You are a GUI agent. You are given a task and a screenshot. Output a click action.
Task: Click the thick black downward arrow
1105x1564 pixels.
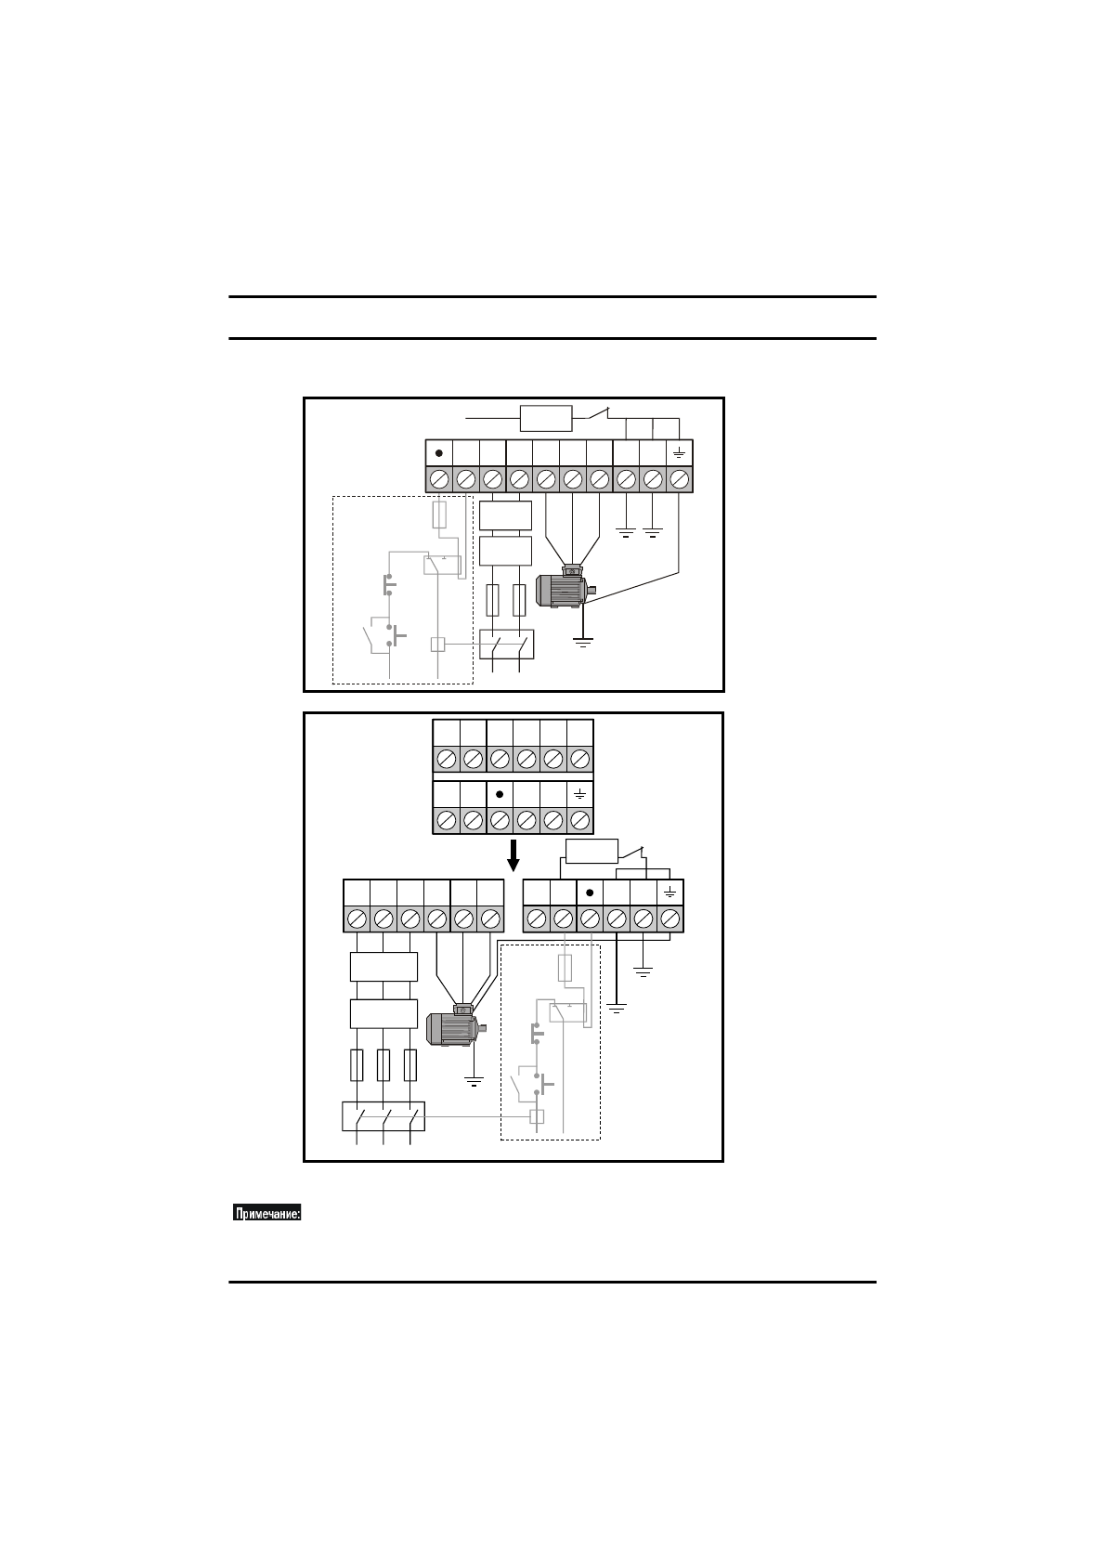(513, 855)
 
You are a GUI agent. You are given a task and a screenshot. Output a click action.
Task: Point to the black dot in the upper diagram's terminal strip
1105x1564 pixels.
(439, 453)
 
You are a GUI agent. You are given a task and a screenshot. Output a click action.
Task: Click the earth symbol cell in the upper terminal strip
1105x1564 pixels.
(679, 453)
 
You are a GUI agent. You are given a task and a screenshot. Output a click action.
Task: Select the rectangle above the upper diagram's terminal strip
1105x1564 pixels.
(547, 418)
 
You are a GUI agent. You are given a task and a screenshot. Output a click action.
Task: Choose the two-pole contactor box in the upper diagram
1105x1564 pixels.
(507, 645)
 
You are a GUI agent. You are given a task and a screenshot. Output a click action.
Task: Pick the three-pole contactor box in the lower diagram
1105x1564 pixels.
(383, 1116)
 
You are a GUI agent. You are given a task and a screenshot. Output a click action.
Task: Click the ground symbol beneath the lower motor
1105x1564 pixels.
(474, 1082)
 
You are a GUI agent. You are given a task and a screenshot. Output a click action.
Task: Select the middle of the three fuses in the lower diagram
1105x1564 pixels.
(383, 1065)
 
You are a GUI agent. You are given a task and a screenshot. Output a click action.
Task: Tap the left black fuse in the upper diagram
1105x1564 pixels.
(493, 600)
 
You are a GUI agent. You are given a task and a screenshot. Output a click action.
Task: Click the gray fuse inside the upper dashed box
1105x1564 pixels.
(439, 515)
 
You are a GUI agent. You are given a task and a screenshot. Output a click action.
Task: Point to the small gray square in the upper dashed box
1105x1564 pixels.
(437, 644)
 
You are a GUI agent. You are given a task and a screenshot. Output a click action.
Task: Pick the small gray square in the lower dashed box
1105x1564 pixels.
(537, 1116)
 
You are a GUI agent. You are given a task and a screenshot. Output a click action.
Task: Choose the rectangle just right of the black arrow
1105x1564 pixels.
(591, 851)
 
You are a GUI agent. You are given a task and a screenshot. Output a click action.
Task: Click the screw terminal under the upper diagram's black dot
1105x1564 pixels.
(439, 479)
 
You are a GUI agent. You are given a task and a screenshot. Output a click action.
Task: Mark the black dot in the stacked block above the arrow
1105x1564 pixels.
(499, 795)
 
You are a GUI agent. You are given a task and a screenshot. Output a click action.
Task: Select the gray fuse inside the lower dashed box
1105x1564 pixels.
(565, 968)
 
